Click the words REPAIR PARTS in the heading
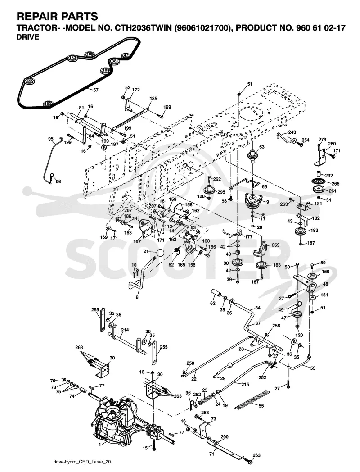pyautogui.click(x=57, y=16)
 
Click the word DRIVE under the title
pyautogui.click(x=27, y=37)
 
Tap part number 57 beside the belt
pyautogui.click(x=96, y=90)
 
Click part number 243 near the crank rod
pyautogui.click(x=292, y=132)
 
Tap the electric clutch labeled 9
pyautogui.click(x=255, y=200)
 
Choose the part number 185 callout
pyautogui.click(x=153, y=99)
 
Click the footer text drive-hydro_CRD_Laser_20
pyautogui.click(x=80, y=462)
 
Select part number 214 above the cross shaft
pyautogui.click(x=125, y=330)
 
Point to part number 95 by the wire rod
pyautogui.click(x=51, y=139)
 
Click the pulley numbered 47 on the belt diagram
pyautogui.click(x=125, y=55)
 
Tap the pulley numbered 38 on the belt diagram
pyautogui.click(x=114, y=61)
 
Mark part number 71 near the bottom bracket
pyautogui.click(x=211, y=454)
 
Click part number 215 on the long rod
pyautogui.click(x=245, y=384)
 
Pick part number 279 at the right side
pyautogui.click(x=322, y=139)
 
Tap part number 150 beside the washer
pyautogui.click(x=325, y=272)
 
